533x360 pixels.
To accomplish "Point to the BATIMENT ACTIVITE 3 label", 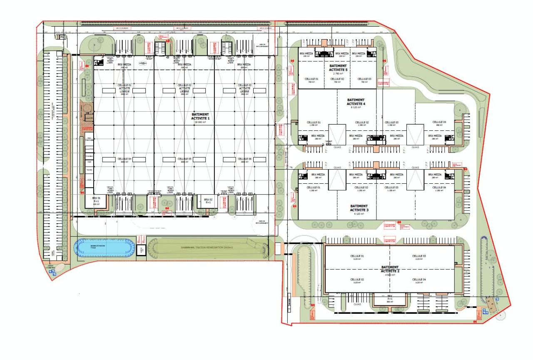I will pyautogui.click(x=359, y=208).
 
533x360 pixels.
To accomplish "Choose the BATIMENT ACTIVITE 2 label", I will pyautogui.click(x=390, y=269).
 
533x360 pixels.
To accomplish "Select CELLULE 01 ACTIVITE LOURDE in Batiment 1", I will pyautogui.click(x=125, y=89).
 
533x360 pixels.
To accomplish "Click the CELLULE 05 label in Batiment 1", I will pyautogui.click(x=184, y=159).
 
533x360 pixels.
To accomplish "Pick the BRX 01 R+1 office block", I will pyautogui.click(x=96, y=201).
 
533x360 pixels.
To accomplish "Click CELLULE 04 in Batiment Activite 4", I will pyautogui.click(x=439, y=123).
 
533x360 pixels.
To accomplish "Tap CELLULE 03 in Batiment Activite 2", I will pyautogui.click(x=418, y=257).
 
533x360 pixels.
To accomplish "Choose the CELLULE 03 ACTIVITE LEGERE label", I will pyautogui.click(x=244, y=89).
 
